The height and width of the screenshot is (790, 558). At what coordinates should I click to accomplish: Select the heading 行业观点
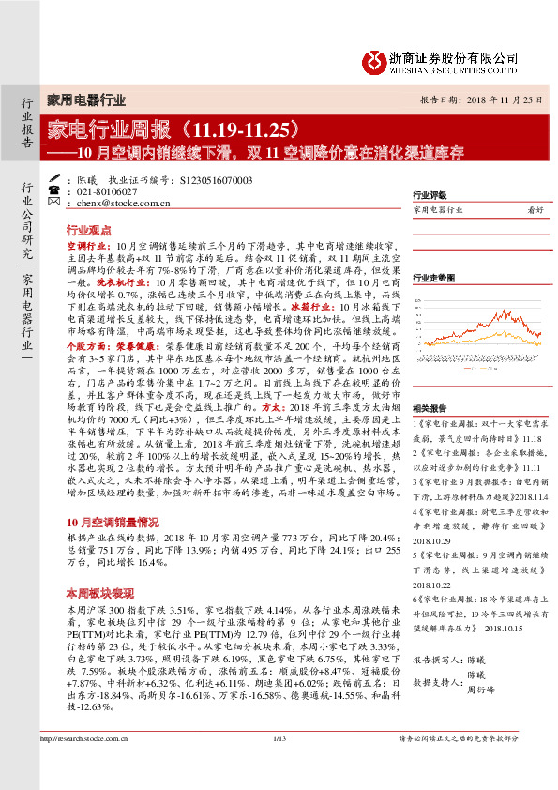tap(90, 229)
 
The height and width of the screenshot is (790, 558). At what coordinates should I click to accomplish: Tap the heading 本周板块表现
tap(97, 568)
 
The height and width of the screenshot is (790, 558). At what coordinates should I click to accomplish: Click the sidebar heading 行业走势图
tap(434, 279)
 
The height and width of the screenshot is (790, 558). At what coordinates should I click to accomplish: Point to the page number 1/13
tap(279, 767)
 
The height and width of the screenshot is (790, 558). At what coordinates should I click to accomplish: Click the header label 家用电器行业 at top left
tap(86, 99)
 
